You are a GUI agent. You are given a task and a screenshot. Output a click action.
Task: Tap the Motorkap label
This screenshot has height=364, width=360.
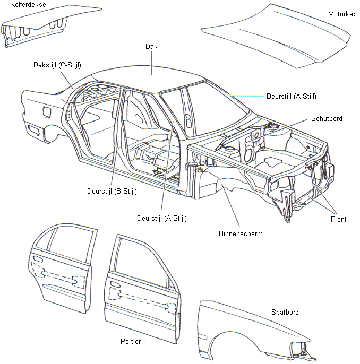tap(342, 15)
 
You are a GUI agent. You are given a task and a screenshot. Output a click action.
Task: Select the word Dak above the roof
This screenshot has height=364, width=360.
tap(151, 47)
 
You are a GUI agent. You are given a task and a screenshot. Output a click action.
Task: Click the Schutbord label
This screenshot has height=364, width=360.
tap(327, 119)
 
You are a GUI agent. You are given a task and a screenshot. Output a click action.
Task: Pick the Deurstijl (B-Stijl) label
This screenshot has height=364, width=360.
tap(112, 192)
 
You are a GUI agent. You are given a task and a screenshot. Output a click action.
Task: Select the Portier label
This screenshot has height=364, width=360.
tap(130, 342)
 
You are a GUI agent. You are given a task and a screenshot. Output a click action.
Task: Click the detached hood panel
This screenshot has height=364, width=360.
tap(276, 37)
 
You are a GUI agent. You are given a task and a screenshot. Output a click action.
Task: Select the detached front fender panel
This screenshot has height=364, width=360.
tap(250, 329)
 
